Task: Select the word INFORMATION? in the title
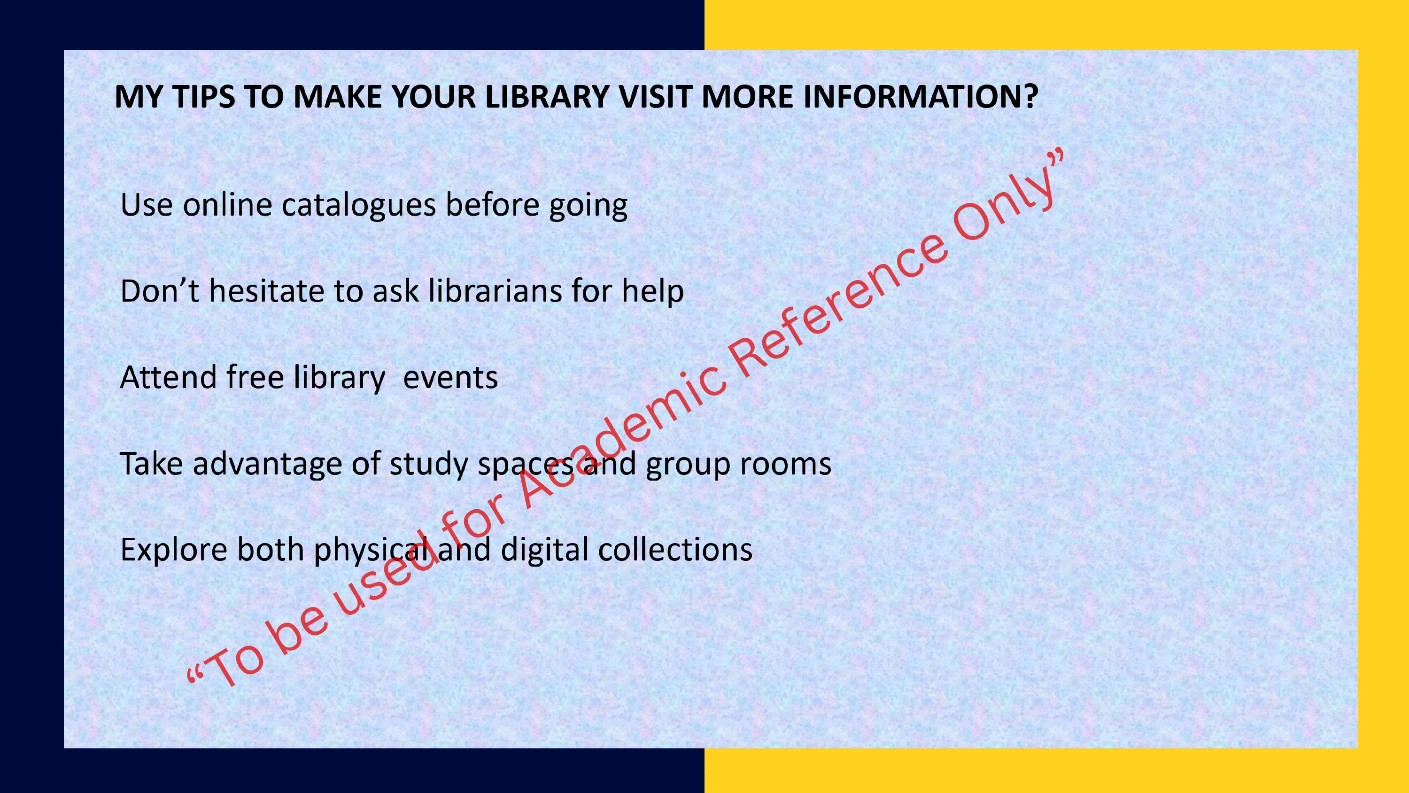(x=921, y=97)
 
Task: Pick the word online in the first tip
(x=227, y=205)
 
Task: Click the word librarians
(x=495, y=291)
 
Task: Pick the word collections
(x=675, y=550)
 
